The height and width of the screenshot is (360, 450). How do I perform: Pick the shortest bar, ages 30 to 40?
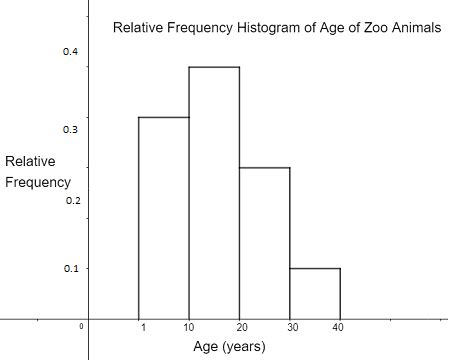click(315, 293)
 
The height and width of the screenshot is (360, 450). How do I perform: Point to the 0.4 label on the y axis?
click(71, 51)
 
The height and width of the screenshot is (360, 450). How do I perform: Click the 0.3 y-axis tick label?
click(71, 130)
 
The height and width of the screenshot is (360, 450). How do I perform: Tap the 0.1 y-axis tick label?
click(71, 269)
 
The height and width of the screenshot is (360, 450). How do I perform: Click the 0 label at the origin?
click(83, 326)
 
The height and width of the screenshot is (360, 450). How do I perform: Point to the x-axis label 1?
click(144, 327)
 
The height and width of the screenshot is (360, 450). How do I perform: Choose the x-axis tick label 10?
click(189, 327)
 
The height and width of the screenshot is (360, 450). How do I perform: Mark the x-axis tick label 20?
click(240, 327)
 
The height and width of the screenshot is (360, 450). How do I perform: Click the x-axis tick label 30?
click(290, 327)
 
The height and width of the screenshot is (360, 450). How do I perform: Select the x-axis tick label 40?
click(340, 327)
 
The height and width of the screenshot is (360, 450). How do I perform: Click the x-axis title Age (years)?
click(229, 347)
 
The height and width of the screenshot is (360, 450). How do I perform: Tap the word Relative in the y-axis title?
click(31, 162)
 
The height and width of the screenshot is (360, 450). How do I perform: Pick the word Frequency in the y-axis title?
click(38, 183)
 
